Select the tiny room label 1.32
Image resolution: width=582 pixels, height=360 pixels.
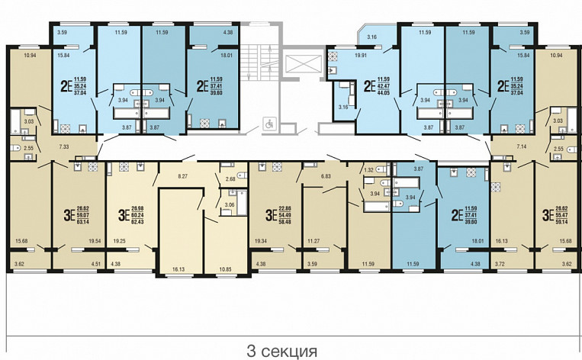tap(369, 170)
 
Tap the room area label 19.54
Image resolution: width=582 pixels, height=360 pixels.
tap(96, 241)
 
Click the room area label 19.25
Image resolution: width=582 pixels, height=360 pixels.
tap(118, 241)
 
